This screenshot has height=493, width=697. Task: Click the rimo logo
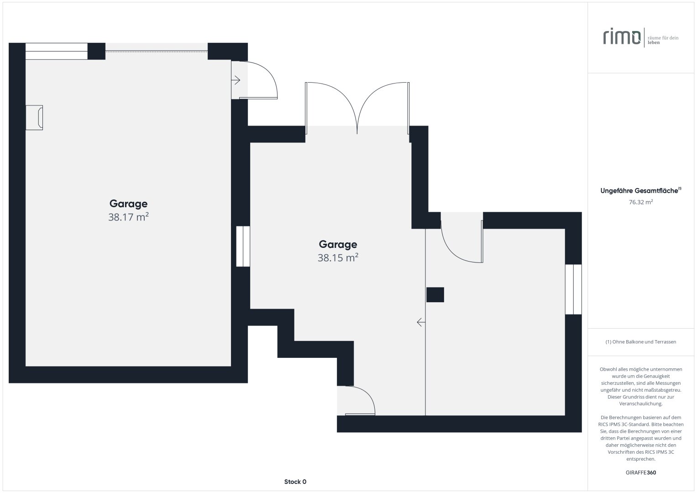622,37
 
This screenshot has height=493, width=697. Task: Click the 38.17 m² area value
128,217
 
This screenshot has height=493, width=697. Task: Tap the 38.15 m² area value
338,258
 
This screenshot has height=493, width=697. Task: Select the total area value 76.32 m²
640,202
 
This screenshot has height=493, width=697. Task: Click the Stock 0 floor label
295,482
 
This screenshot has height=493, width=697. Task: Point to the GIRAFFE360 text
640,472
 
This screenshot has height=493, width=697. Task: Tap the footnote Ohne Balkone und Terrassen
640,341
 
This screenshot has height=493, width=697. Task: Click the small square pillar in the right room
435,294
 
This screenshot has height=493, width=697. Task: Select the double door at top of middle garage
357,108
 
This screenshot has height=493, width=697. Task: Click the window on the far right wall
573,289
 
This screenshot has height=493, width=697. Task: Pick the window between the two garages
243,246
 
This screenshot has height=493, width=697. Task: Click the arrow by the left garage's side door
236,80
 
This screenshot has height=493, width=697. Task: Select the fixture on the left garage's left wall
34,117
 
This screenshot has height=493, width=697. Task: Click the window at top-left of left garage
56,52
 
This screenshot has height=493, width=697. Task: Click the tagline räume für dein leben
663,40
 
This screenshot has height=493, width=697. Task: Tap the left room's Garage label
128,204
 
